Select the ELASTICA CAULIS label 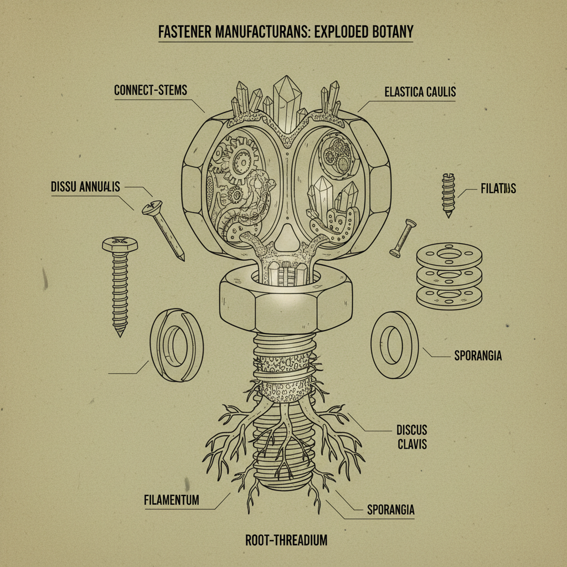420,92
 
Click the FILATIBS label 496,189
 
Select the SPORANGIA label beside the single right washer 477,355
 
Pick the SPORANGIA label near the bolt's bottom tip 390,509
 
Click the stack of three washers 449,275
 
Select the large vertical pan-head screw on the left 120,282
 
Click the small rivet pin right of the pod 403,238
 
